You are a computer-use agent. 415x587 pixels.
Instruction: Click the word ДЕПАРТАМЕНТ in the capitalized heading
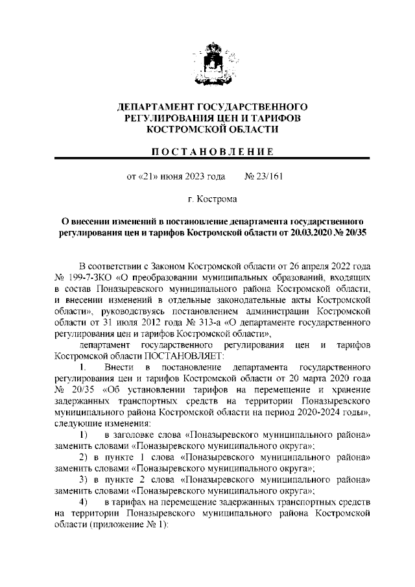tap(154, 106)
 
